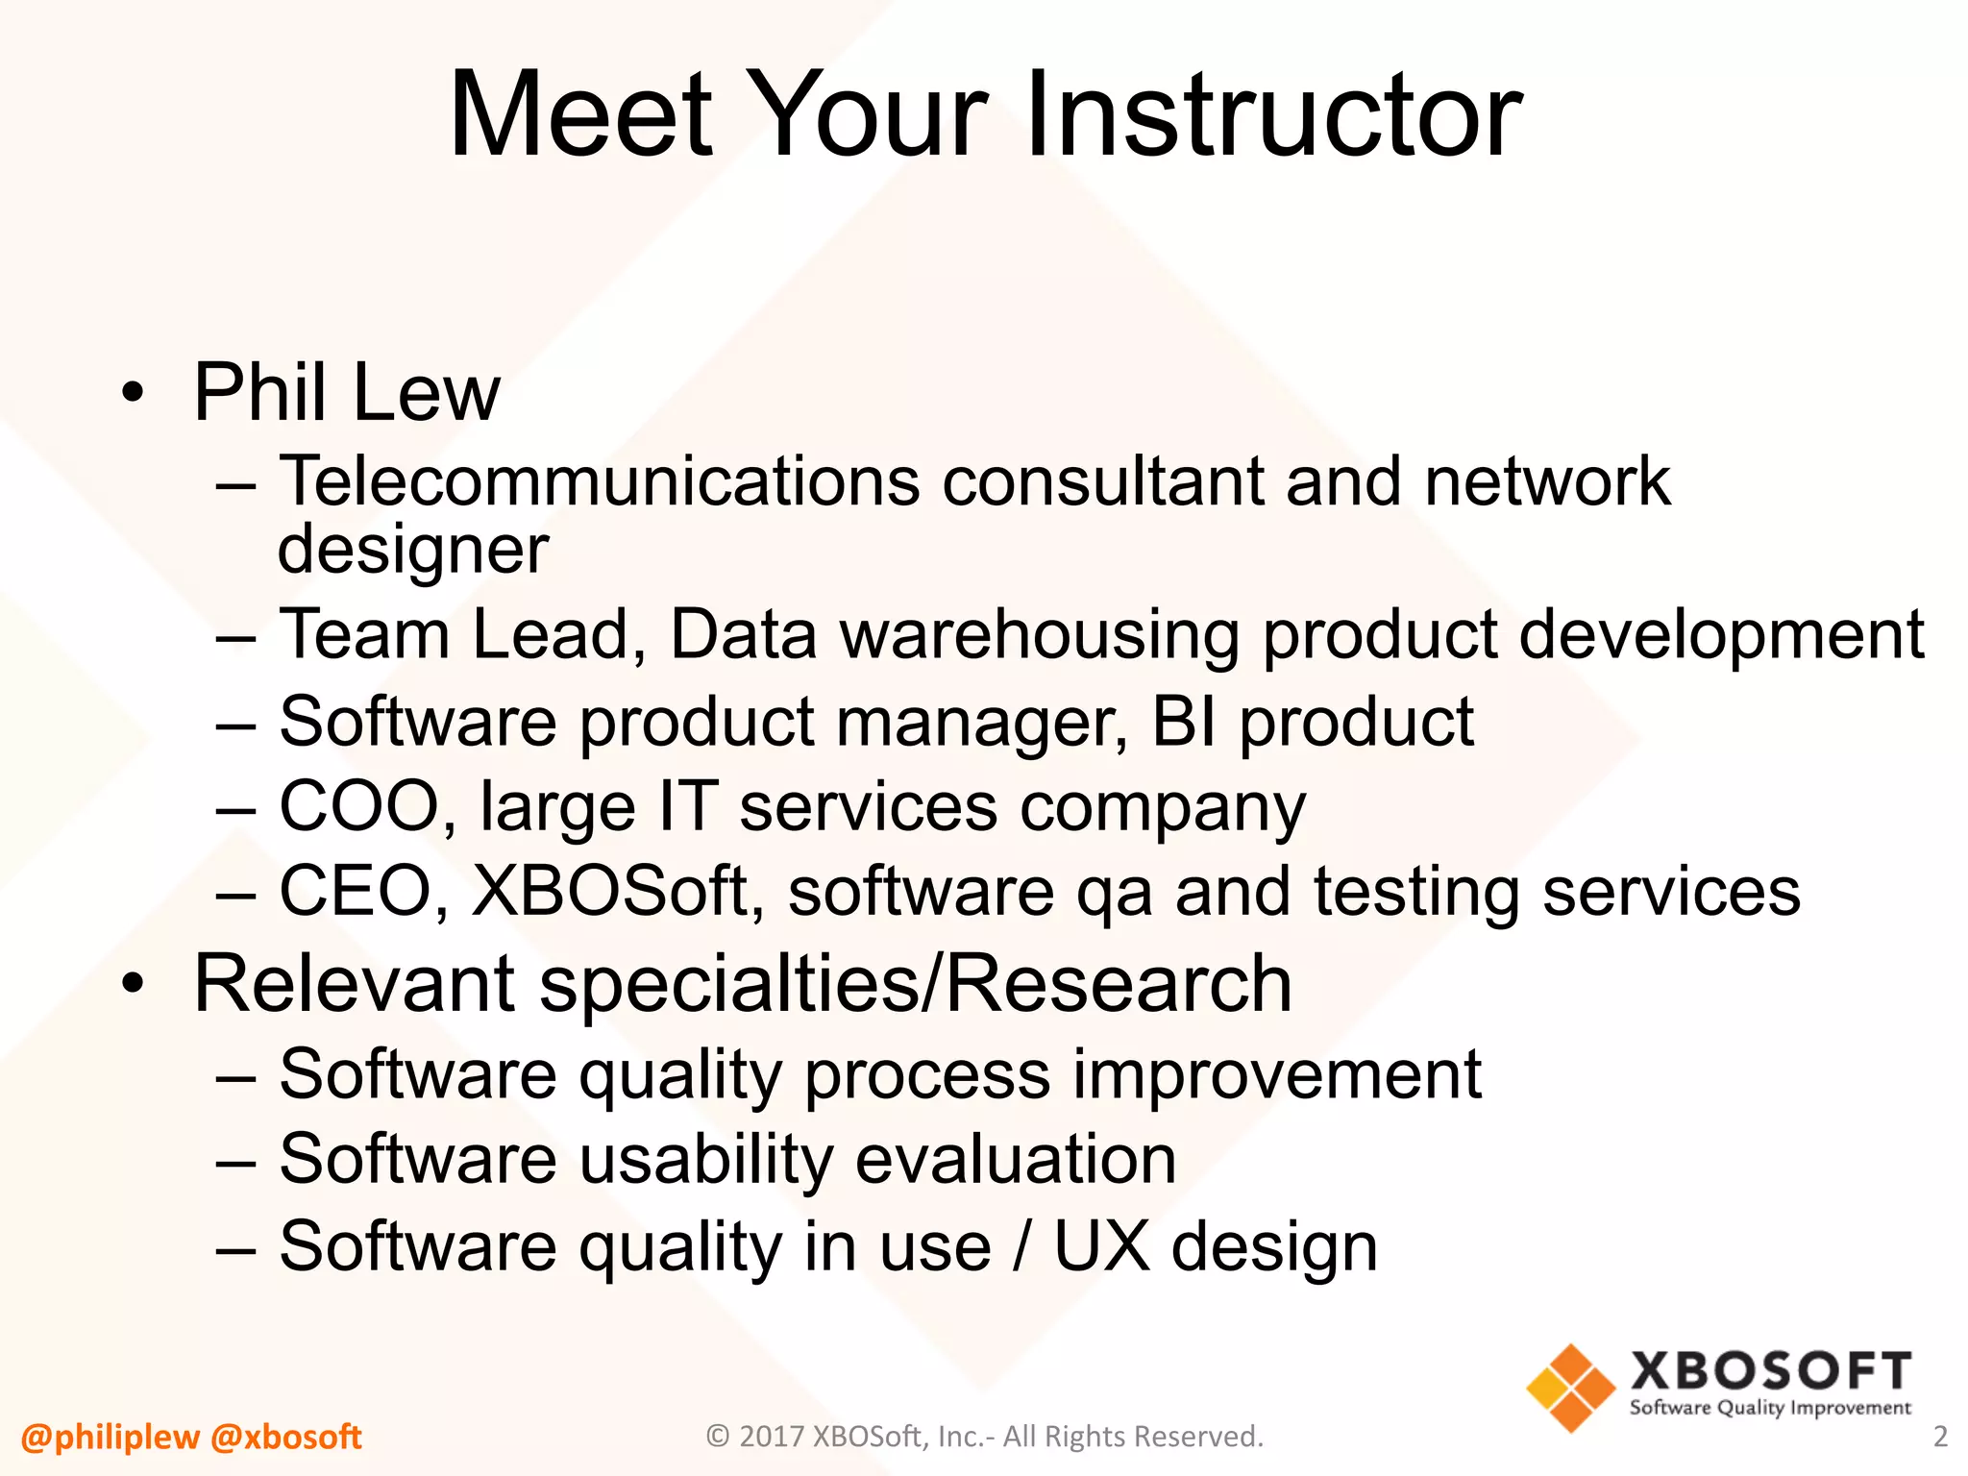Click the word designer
click(x=413, y=551)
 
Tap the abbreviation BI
click(x=1184, y=722)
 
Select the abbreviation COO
click(x=358, y=806)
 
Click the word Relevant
click(x=355, y=984)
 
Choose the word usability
click(x=706, y=1160)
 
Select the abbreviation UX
click(x=1102, y=1246)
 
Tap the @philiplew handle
click(x=110, y=1438)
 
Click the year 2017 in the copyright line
click(x=773, y=1437)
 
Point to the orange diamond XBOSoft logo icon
click(x=1570, y=1388)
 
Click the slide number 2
click(x=1939, y=1437)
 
